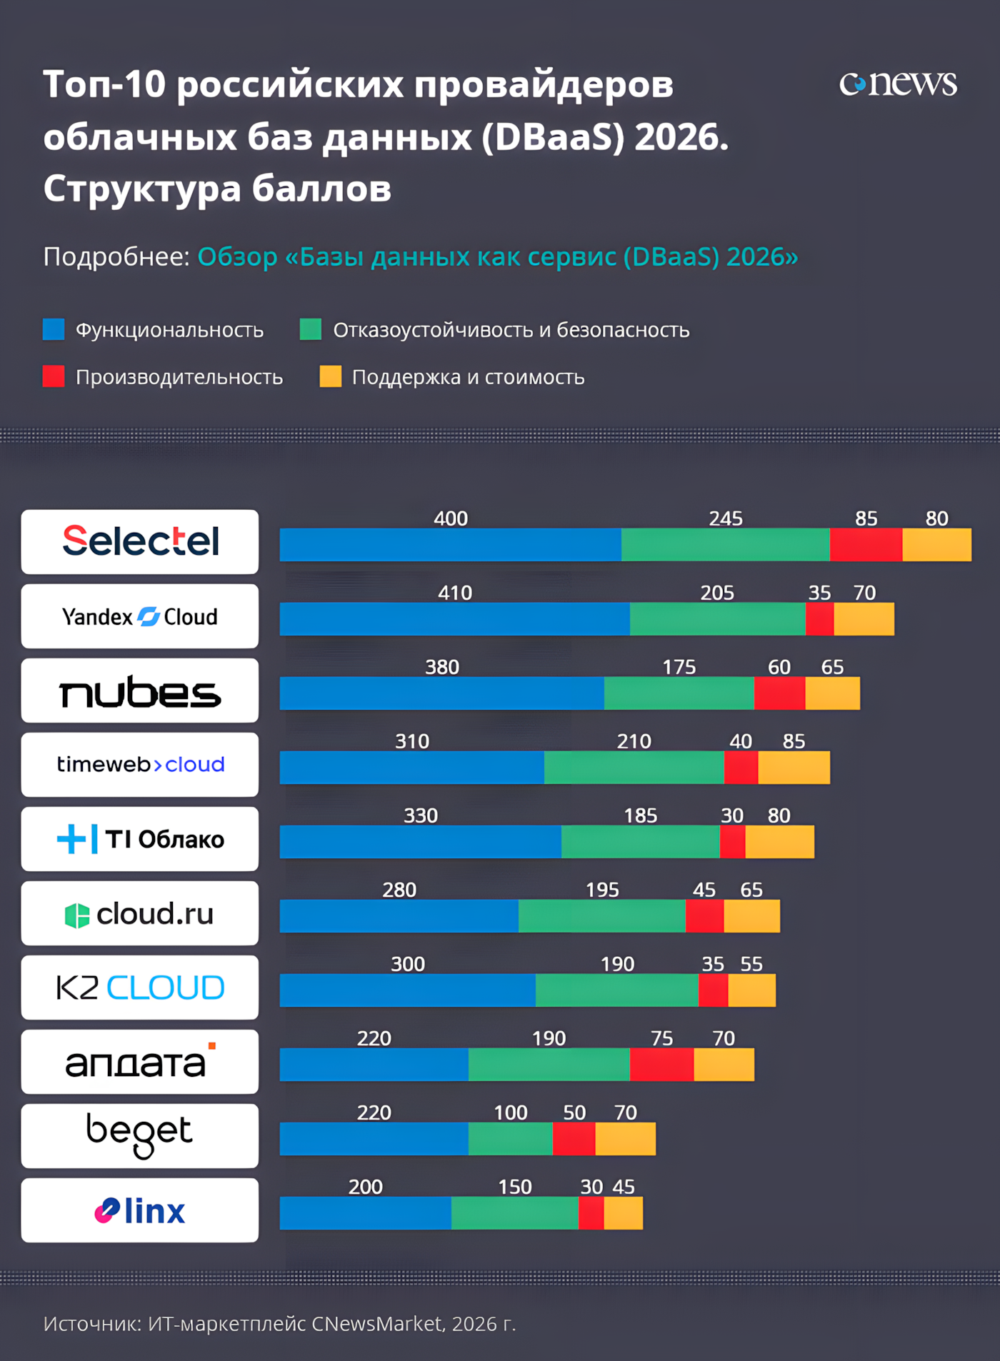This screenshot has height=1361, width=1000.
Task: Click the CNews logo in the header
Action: click(x=898, y=84)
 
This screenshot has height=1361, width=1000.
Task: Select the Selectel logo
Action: click(x=140, y=541)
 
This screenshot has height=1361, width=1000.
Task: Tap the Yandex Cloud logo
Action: click(x=140, y=616)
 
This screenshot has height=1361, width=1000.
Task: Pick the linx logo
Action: click(x=140, y=1210)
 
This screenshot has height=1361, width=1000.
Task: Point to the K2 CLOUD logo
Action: click(x=140, y=988)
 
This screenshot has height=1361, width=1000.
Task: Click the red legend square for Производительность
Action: click(x=54, y=376)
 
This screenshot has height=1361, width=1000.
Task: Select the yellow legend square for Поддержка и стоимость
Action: click(x=331, y=376)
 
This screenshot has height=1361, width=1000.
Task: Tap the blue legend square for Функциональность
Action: click(x=54, y=329)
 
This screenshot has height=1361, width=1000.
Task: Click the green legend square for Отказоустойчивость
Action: click(x=311, y=329)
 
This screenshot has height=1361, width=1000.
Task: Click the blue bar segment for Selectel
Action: click(x=451, y=544)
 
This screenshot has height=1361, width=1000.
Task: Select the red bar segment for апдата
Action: click(x=662, y=1064)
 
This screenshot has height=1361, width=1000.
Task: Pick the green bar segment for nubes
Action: click(x=679, y=693)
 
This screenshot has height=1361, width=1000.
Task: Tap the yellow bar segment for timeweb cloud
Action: click(x=794, y=767)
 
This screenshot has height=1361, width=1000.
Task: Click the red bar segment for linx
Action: click(x=591, y=1212)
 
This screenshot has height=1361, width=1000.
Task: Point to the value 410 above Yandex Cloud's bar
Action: click(x=455, y=593)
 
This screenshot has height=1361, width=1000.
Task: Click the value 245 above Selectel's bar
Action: click(x=726, y=518)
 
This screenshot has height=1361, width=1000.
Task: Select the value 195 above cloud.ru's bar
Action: click(x=602, y=890)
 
